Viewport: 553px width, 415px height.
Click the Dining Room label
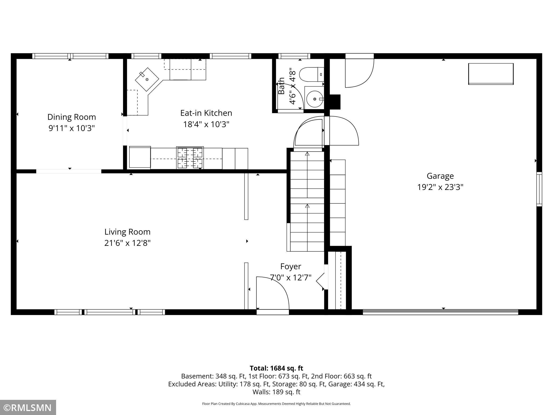72,117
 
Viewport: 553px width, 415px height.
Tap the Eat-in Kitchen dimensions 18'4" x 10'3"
206,124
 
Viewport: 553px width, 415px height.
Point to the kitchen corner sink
147,79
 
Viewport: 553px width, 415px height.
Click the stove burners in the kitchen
190,158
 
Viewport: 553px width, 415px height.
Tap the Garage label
440,176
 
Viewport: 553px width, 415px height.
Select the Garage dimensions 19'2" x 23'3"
440,187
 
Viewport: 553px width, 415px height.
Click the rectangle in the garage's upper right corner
491,74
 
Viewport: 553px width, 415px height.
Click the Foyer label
291,266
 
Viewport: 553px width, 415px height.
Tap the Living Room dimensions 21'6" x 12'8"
127,243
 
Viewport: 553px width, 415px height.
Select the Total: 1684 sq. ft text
276,368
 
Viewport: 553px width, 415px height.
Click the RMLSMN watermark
28,408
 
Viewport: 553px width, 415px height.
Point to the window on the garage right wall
539,189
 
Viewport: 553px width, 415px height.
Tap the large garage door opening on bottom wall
440,312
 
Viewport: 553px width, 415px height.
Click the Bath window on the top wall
294,56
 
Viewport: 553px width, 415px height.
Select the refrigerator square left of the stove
140,157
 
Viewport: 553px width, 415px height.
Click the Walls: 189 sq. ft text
276,392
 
